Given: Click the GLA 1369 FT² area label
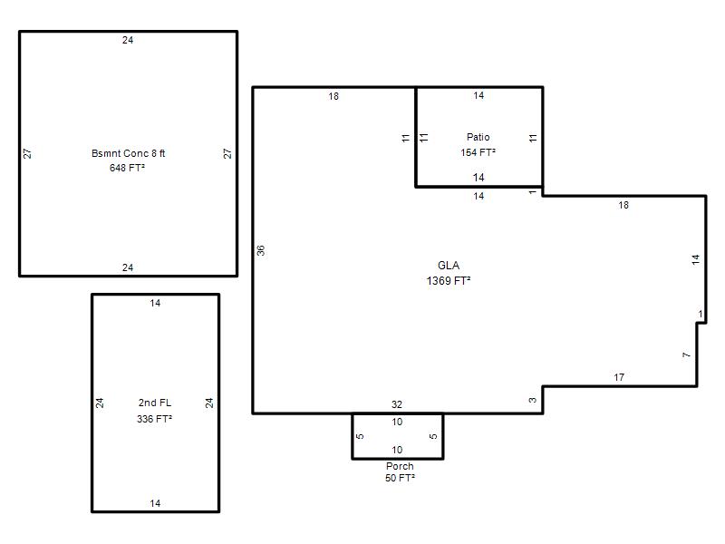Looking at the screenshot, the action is [449, 273].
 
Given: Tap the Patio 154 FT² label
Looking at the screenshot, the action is [478, 144].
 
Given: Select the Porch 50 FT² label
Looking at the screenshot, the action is [400, 471].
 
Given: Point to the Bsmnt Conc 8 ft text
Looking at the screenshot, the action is [128, 153].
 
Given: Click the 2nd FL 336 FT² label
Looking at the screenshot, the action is [154, 411].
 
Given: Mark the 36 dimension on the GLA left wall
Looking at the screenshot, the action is [261, 250].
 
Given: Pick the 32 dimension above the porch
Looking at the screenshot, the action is [397, 404].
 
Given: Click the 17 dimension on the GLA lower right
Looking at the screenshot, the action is [619, 377].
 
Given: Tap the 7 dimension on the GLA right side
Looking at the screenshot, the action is [687, 355].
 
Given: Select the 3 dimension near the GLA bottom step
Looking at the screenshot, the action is [533, 400].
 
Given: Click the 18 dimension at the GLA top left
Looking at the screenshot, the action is [333, 96].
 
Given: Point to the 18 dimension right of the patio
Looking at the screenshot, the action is [623, 205].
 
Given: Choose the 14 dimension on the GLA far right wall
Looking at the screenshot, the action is [696, 260].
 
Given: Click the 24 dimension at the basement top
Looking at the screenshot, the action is [128, 40].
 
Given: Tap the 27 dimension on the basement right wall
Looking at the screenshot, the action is [227, 153].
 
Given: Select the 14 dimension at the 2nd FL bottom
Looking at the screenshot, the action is [155, 503].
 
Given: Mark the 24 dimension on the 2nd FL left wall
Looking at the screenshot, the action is [100, 403].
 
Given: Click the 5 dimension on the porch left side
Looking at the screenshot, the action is [360, 436].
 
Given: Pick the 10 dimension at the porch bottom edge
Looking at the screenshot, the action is [397, 450].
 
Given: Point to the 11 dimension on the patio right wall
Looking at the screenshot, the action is [533, 138].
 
